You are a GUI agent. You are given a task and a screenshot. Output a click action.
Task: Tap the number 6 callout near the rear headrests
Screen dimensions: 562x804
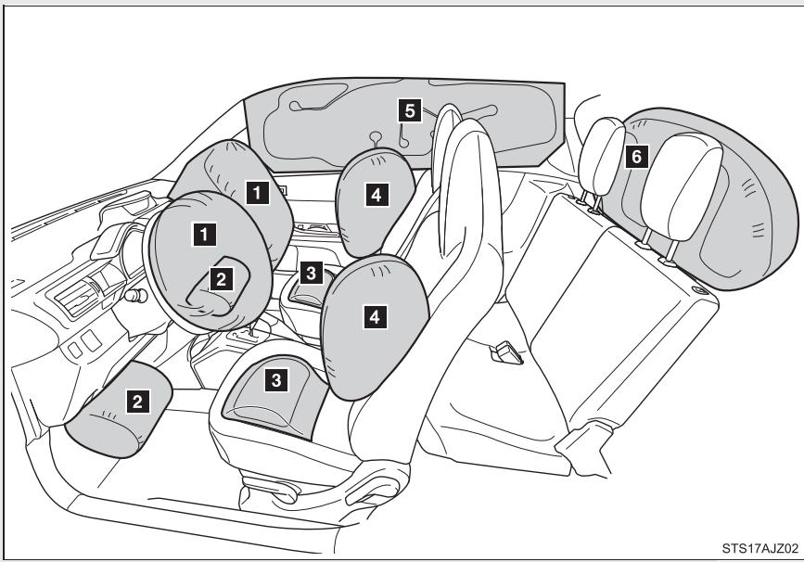(x=634, y=157)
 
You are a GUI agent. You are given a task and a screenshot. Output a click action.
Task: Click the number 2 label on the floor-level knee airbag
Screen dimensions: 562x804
(x=136, y=401)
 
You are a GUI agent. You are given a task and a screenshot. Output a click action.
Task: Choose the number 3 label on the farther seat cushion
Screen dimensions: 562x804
(x=313, y=272)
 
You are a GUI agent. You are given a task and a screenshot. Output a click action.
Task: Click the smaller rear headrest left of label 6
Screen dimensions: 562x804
(x=601, y=153)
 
